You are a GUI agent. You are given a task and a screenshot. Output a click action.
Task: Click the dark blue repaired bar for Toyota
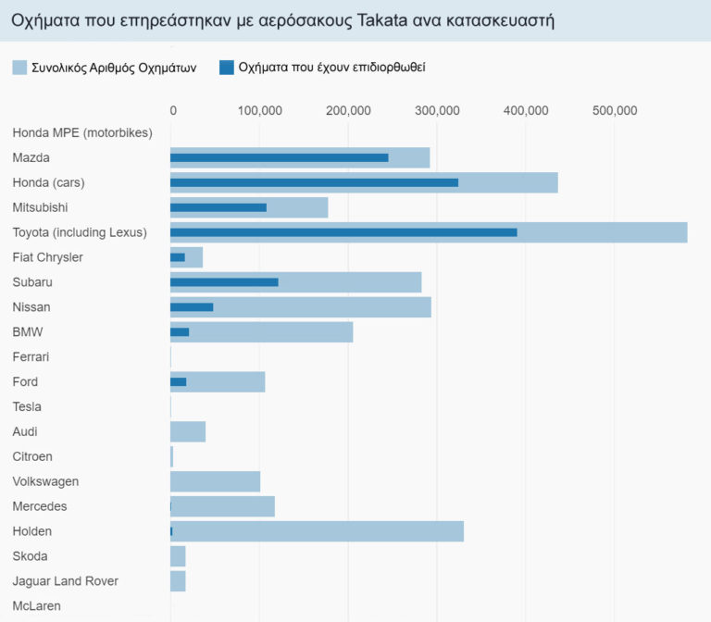pos(343,232)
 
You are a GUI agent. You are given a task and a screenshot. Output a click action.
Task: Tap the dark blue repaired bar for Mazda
pos(279,157)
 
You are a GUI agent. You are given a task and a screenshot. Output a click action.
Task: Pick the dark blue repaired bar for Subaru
pos(224,282)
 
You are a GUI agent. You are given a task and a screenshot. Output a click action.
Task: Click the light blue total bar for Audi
pos(188,431)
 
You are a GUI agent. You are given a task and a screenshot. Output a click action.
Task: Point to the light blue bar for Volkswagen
pos(215,481)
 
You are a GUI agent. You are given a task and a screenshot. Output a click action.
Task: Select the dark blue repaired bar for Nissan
pos(192,307)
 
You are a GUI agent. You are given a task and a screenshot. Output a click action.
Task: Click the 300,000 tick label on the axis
pos(437,111)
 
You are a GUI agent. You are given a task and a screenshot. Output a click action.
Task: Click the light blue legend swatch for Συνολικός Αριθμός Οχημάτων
pos(19,68)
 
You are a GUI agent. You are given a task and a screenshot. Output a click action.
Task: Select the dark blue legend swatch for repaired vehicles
pos(226,68)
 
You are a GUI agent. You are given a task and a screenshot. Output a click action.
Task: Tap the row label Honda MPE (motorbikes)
pos(81,133)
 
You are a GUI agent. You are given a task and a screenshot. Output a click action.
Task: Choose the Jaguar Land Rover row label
pos(65,581)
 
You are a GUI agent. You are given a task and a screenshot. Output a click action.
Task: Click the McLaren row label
pos(38,606)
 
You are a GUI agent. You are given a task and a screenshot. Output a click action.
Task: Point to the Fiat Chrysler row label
pos(47,257)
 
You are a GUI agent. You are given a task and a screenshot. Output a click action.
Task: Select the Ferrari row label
pos(31,357)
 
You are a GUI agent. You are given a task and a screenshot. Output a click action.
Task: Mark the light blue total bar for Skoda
pos(178,556)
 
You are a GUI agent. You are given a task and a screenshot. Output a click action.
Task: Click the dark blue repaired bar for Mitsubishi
pos(218,207)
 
